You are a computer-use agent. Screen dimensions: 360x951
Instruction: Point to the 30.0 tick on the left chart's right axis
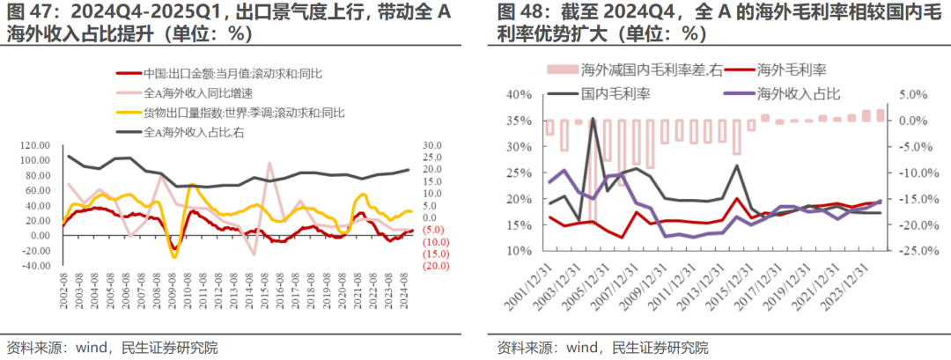(431, 145)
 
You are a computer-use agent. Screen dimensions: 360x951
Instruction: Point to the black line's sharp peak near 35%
(593, 119)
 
